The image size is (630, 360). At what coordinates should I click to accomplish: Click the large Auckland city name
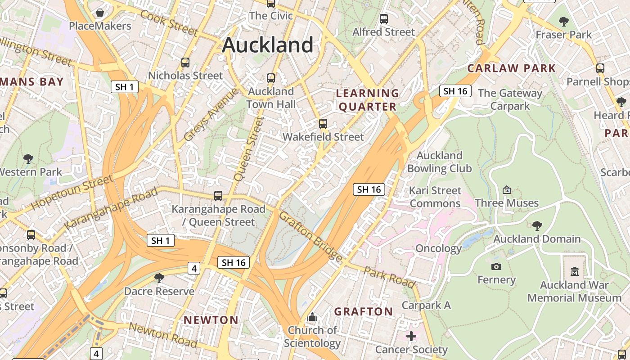[268, 45]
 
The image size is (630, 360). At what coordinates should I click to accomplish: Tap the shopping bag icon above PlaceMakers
[100, 13]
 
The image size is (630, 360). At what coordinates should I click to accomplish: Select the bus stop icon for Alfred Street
[384, 19]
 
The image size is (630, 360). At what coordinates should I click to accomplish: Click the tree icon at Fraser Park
[563, 21]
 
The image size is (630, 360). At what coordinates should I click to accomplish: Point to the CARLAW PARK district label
[512, 68]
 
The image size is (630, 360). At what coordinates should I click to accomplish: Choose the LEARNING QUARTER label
[368, 100]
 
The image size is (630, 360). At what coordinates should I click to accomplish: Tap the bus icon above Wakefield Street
[323, 124]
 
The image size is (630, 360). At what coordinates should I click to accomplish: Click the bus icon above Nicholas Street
[185, 63]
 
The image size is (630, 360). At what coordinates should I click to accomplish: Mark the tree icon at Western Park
[28, 158]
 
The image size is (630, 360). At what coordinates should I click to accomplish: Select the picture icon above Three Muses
[507, 190]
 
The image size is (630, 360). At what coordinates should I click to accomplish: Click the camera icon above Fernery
[496, 266]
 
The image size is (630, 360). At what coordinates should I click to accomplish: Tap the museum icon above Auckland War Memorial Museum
[575, 272]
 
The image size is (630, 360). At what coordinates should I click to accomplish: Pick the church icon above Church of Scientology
[312, 317]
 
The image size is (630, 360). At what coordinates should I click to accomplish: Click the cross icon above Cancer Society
[411, 336]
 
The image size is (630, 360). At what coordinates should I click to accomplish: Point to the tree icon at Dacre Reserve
[159, 278]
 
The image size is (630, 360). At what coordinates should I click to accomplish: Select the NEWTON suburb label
[211, 320]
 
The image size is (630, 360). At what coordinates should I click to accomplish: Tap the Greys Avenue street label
[211, 115]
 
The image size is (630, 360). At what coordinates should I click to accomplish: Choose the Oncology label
[438, 248]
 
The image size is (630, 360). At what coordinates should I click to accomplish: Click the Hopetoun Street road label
[72, 192]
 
